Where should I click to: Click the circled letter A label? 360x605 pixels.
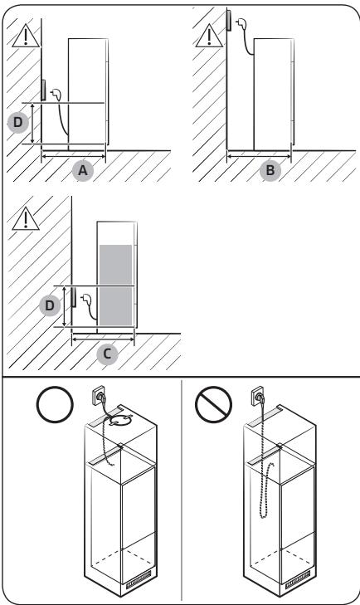click(x=83, y=170)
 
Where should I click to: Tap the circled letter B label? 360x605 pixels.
click(x=270, y=170)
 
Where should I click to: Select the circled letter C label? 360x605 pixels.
click(x=107, y=354)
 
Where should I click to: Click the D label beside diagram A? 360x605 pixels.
click(x=18, y=123)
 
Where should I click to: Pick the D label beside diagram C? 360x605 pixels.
click(x=50, y=305)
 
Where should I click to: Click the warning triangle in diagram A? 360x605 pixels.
click(x=26, y=37)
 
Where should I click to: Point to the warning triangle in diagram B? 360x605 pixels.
click(x=209, y=37)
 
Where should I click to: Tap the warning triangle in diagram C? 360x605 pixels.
click(x=26, y=220)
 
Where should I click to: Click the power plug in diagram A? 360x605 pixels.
click(x=56, y=94)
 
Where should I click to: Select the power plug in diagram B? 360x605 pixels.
click(x=241, y=25)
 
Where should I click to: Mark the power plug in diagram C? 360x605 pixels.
click(x=85, y=298)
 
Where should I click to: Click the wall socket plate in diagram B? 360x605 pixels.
click(x=229, y=20)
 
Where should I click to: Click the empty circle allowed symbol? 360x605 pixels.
click(x=55, y=404)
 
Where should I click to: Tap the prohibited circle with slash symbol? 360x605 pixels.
click(x=213, y=404)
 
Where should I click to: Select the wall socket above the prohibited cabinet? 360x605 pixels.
click(x=259, y=396)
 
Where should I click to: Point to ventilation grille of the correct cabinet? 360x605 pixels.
click(x=139, y=577)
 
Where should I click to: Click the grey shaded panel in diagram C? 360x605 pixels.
click(x=116, y=285)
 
